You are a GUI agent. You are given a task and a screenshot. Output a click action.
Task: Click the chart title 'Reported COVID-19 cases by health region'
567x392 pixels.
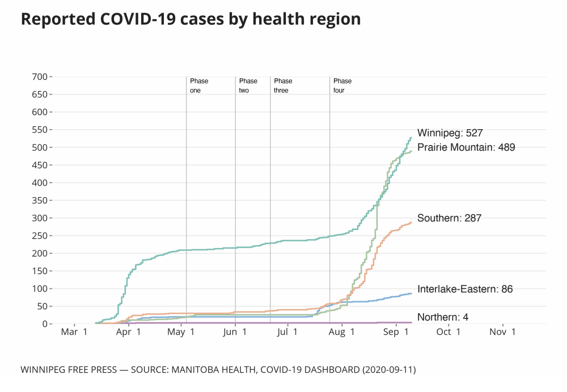pyautogui.click(x=191, y=19)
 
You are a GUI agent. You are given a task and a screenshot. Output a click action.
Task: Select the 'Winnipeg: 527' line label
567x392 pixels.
pyautogui.click(x=450, y=133)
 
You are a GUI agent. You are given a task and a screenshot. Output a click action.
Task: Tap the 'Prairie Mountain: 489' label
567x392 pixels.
pyautogui.click(x=466, y=147)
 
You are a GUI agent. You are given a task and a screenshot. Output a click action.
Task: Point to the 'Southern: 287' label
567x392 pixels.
pyautogui.click(x=449, y=218)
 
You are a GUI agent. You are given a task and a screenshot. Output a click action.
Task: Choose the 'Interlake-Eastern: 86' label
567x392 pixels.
pyautogui.click(x=465, y=289)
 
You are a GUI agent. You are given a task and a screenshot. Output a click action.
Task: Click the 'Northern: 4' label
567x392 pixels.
pyautogui.click(x=443, y=317)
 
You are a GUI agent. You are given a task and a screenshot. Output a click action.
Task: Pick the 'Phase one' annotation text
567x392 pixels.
pyautogui.click(x=199, y=86)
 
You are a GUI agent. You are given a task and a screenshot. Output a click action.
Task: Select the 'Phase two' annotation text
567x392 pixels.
pyautogui.click(x=248, y=86)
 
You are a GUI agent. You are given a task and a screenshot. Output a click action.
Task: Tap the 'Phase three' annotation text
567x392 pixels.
pyautogui.click(x=283, y=86)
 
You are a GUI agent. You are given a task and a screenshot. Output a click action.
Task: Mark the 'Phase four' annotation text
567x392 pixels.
pyautogui.click(x=342, y=86)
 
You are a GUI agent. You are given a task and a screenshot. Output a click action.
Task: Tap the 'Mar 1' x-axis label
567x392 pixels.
pyautogui.click(x=74, y=332)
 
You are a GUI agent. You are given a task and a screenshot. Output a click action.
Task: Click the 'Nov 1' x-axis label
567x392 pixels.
pyautogui.click(x=502, y=332)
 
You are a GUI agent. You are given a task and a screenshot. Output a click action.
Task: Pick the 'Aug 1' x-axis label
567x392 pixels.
pyautogui.click(x=342, y=332)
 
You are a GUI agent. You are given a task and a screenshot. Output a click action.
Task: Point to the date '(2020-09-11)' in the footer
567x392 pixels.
pyautogui.click(x=390, y=370)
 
